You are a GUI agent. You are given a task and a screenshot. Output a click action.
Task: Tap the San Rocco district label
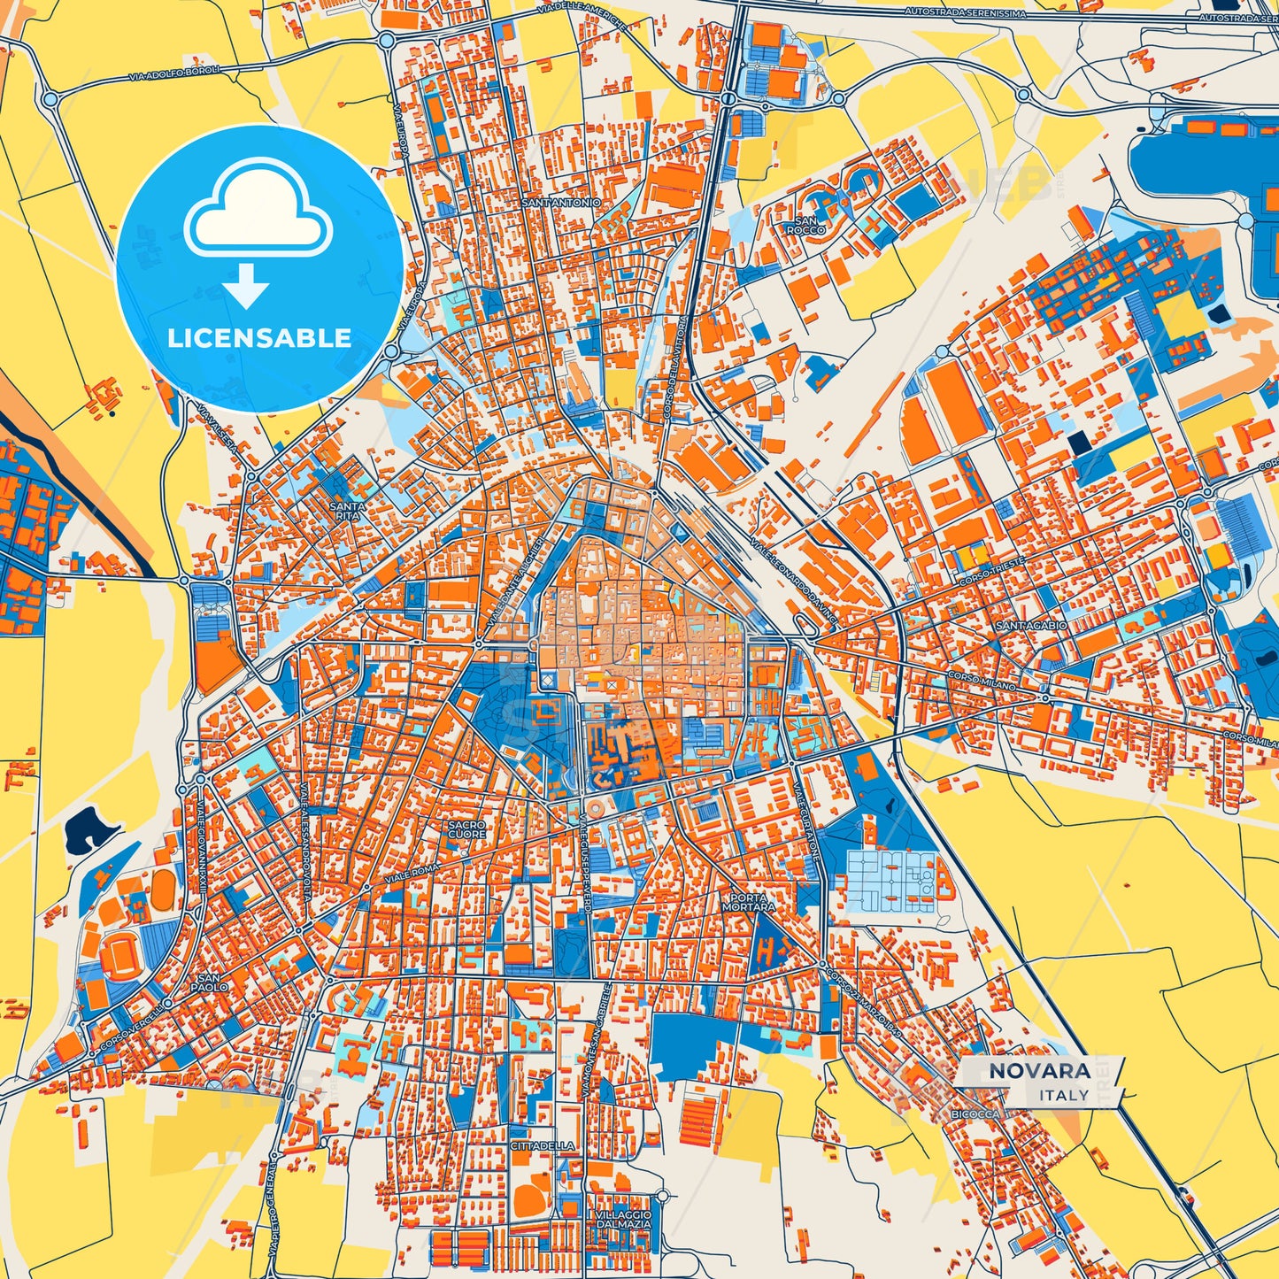click(x=805, y=226)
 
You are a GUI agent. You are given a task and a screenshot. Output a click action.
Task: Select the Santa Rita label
click(x=347, y=512)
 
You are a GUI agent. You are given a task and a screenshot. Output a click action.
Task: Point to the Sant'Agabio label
click(x=1031, y=625)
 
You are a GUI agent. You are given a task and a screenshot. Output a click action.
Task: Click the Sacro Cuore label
click(x=466, y=829)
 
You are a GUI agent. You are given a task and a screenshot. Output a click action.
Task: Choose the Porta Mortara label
click(x=749, y=901)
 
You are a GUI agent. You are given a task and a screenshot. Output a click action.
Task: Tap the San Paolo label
click(x=209, y=982)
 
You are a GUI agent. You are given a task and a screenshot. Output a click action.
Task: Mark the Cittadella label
click(x=543, y=1145)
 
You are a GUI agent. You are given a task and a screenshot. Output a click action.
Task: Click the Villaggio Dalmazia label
click(x=623, y=1219)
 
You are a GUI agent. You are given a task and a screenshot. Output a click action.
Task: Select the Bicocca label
click(x=976, y=1114)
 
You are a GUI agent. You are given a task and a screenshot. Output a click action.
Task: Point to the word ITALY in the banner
click(x=1064, y=1095)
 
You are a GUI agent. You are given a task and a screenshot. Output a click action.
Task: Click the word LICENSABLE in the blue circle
click(x=259, y=338)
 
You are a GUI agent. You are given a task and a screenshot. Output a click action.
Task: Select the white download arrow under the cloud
click(x=246, y=285)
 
